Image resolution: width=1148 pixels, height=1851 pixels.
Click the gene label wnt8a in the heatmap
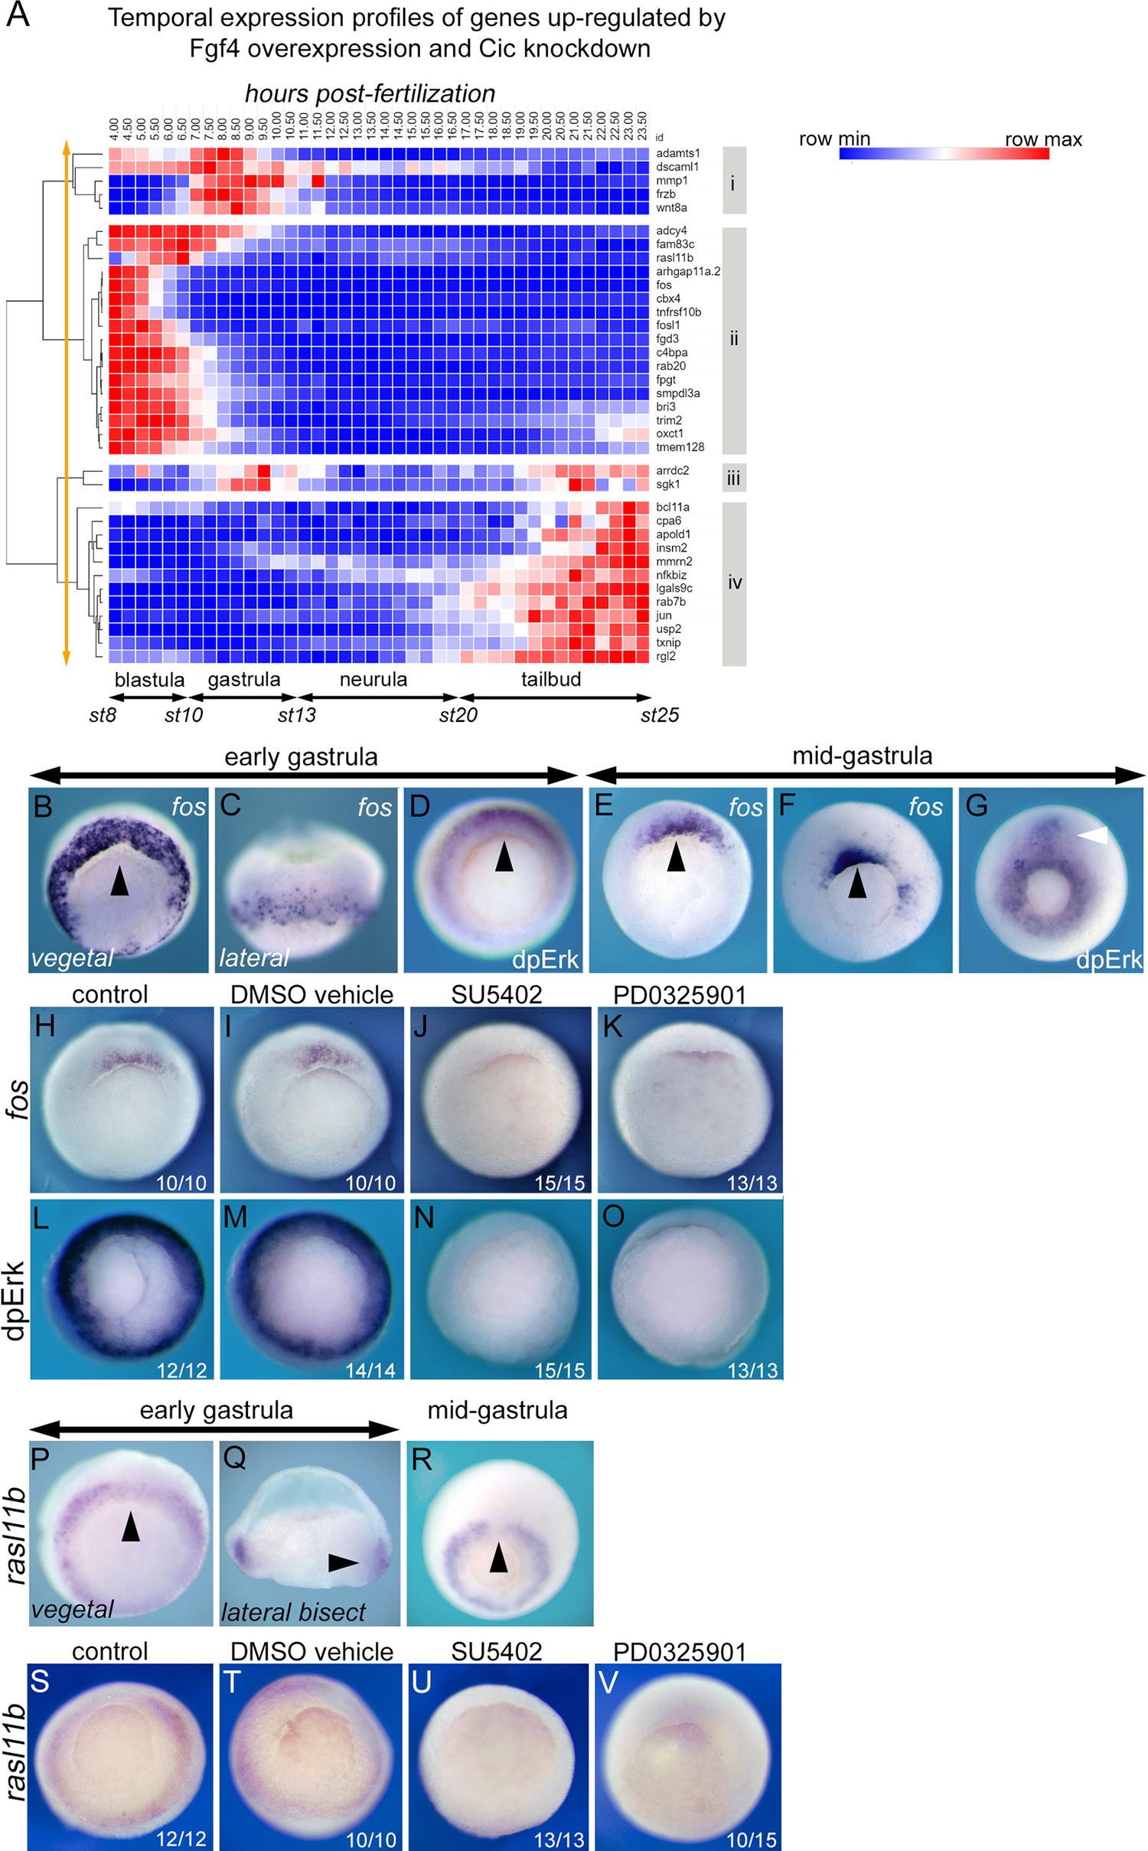pyautogui.click(x=671, y=208)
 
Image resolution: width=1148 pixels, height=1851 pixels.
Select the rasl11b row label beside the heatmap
pyautogui.click(x=674, y=258)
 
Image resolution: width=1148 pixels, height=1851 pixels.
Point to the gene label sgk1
pyautogui.click(x=667, y=485)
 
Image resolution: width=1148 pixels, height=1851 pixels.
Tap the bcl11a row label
pyautogui.click(x=672, y=508)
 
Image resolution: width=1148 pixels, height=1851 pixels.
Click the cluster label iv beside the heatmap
pyautogui.click(x=734, y=583)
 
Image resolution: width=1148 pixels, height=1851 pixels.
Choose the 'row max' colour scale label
pyautogui.click(x=1043, y=139)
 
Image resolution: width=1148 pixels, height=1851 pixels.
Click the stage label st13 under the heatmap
pyautogui.click(x=296, y=716)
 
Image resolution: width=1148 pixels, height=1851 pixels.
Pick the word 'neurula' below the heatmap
pyautogui.click(x=373, y=679)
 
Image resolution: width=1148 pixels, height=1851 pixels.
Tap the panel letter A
pyautogui.click(x=18, y=15)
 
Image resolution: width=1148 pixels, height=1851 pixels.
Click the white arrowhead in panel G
pyautogui.click(x=1092, y=839)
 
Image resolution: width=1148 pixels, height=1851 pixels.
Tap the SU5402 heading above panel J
pyautogui.click(x=496, y=995)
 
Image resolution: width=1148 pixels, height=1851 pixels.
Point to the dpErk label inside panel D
pyautogui.click(x=546, y=959)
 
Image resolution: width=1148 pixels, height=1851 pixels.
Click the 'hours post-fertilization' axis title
pyautogui.click(x=370, y=93)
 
